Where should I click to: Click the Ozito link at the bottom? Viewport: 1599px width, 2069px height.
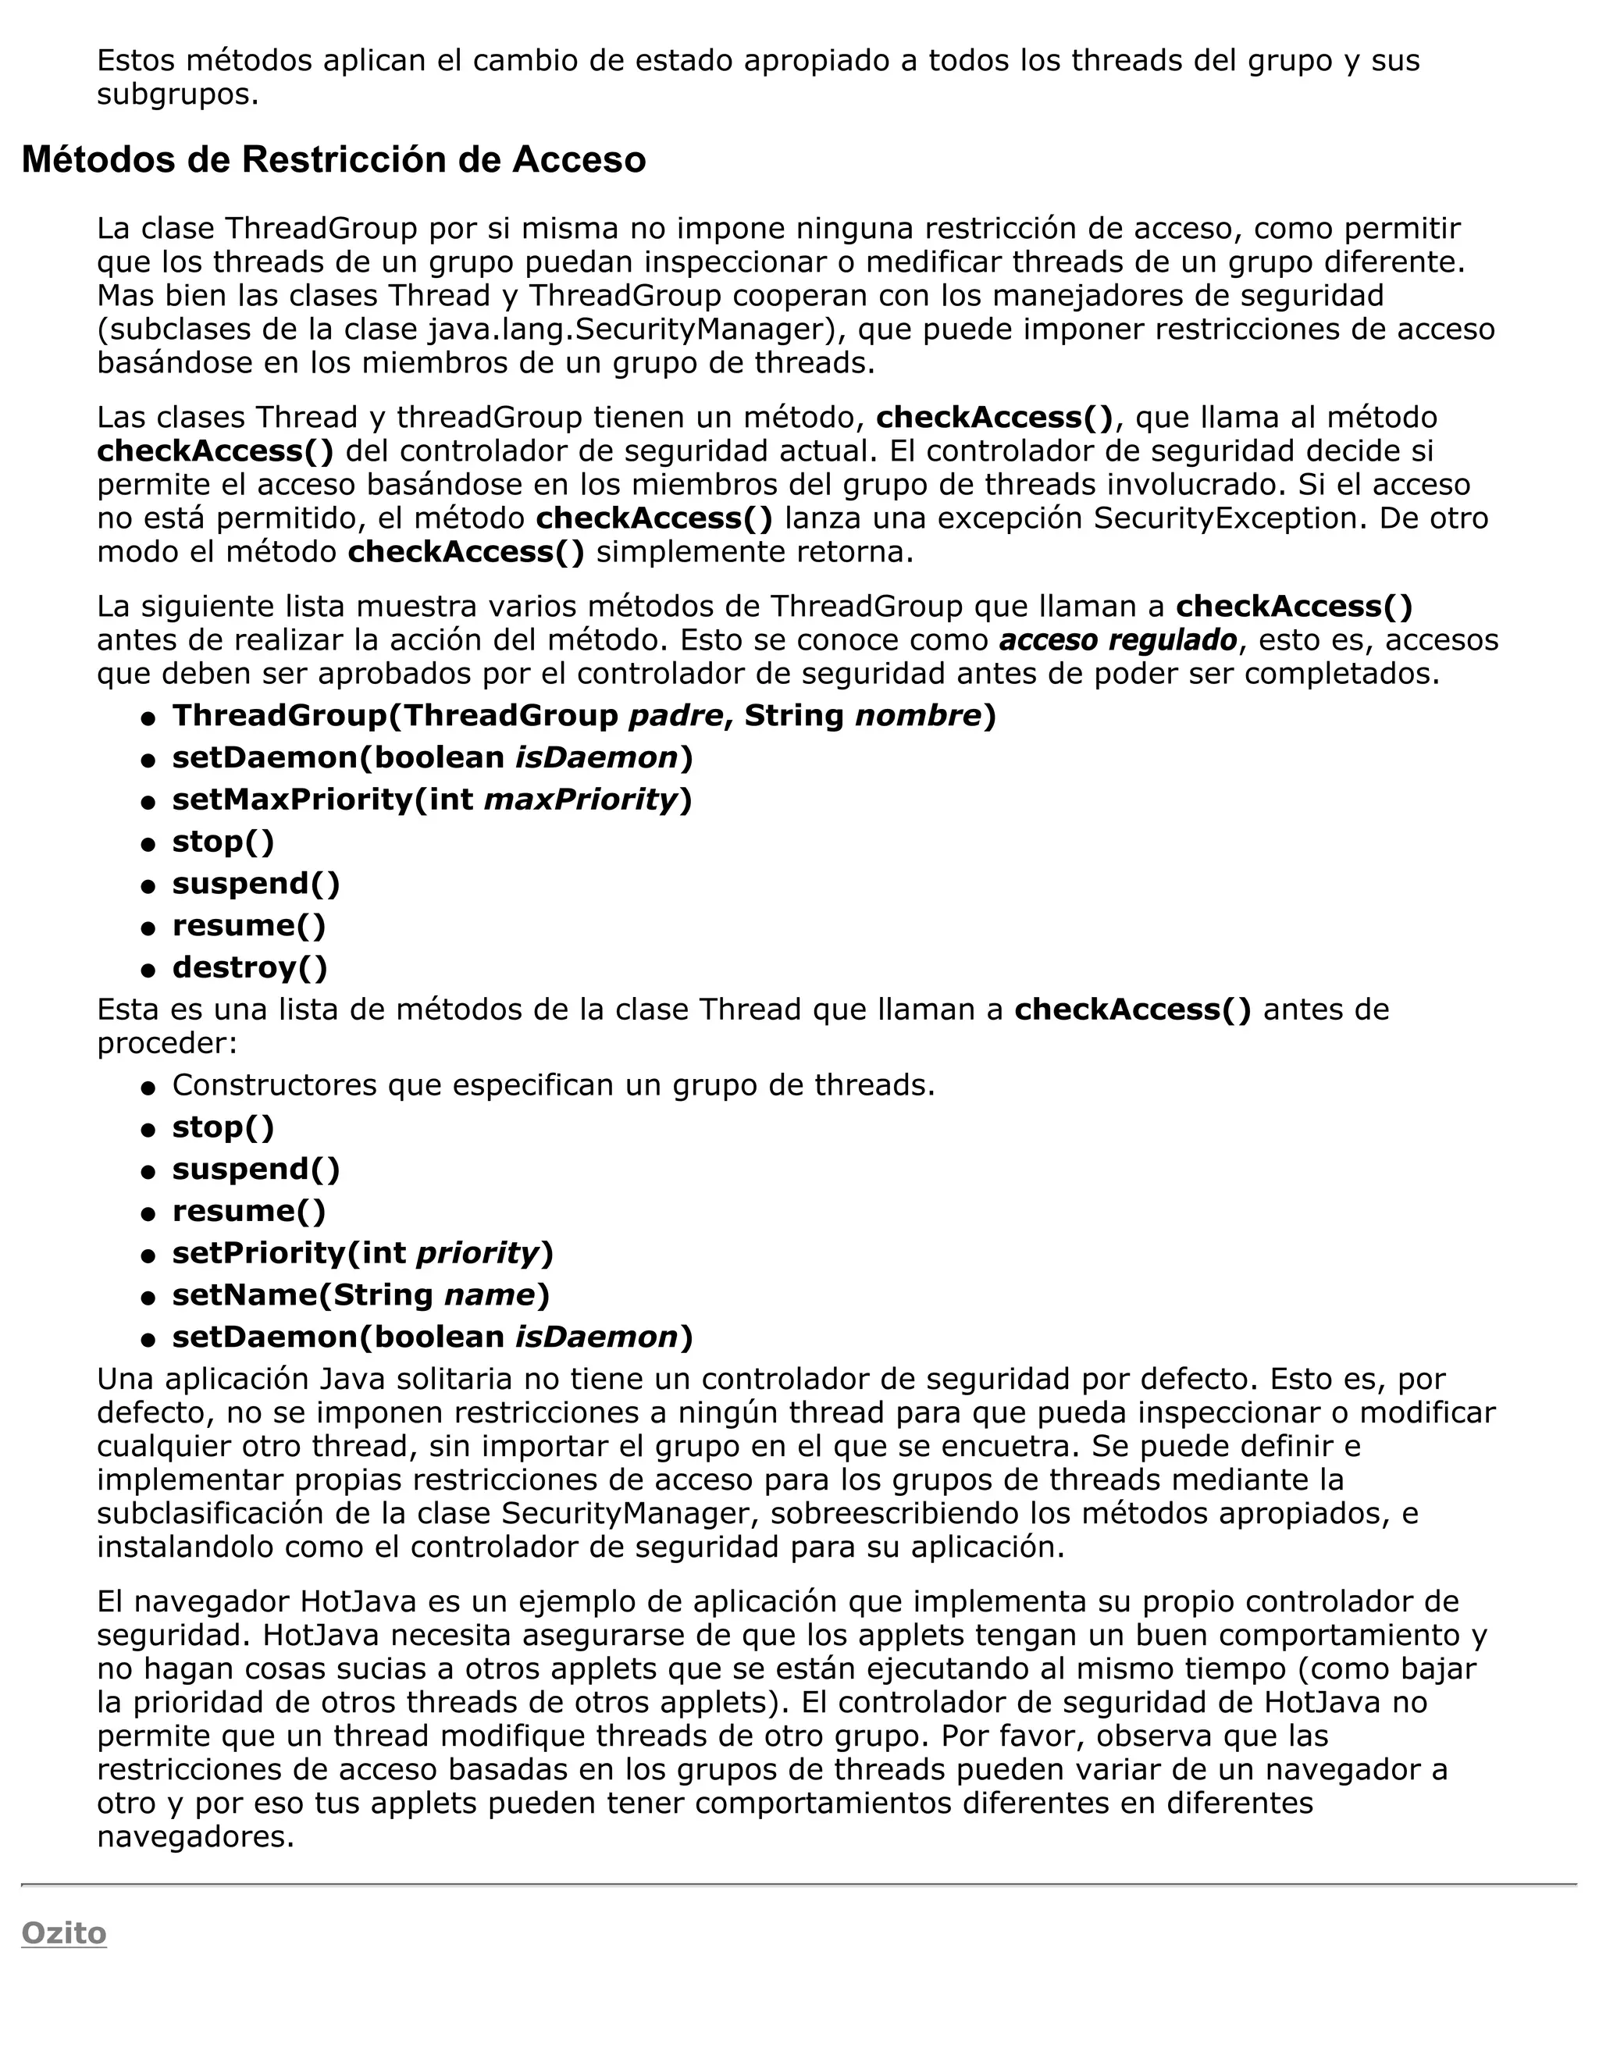click(63, 1932)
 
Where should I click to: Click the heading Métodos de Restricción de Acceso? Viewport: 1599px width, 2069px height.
click(333, 160)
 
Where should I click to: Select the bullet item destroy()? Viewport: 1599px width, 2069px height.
click(249, 967)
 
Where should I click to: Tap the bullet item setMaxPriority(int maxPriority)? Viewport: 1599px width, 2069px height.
click(432, 799)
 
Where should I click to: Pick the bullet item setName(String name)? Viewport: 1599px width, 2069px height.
click(360, 1295)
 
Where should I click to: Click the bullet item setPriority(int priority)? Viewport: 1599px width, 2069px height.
click(361, 1253)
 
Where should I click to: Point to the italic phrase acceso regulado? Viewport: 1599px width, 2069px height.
click(1118, 640)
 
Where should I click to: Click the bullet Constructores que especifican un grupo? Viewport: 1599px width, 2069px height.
click(554, 1084)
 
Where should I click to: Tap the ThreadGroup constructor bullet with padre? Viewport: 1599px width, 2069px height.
click(583, 715)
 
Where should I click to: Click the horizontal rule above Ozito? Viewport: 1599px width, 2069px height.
click(799, 1884)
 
